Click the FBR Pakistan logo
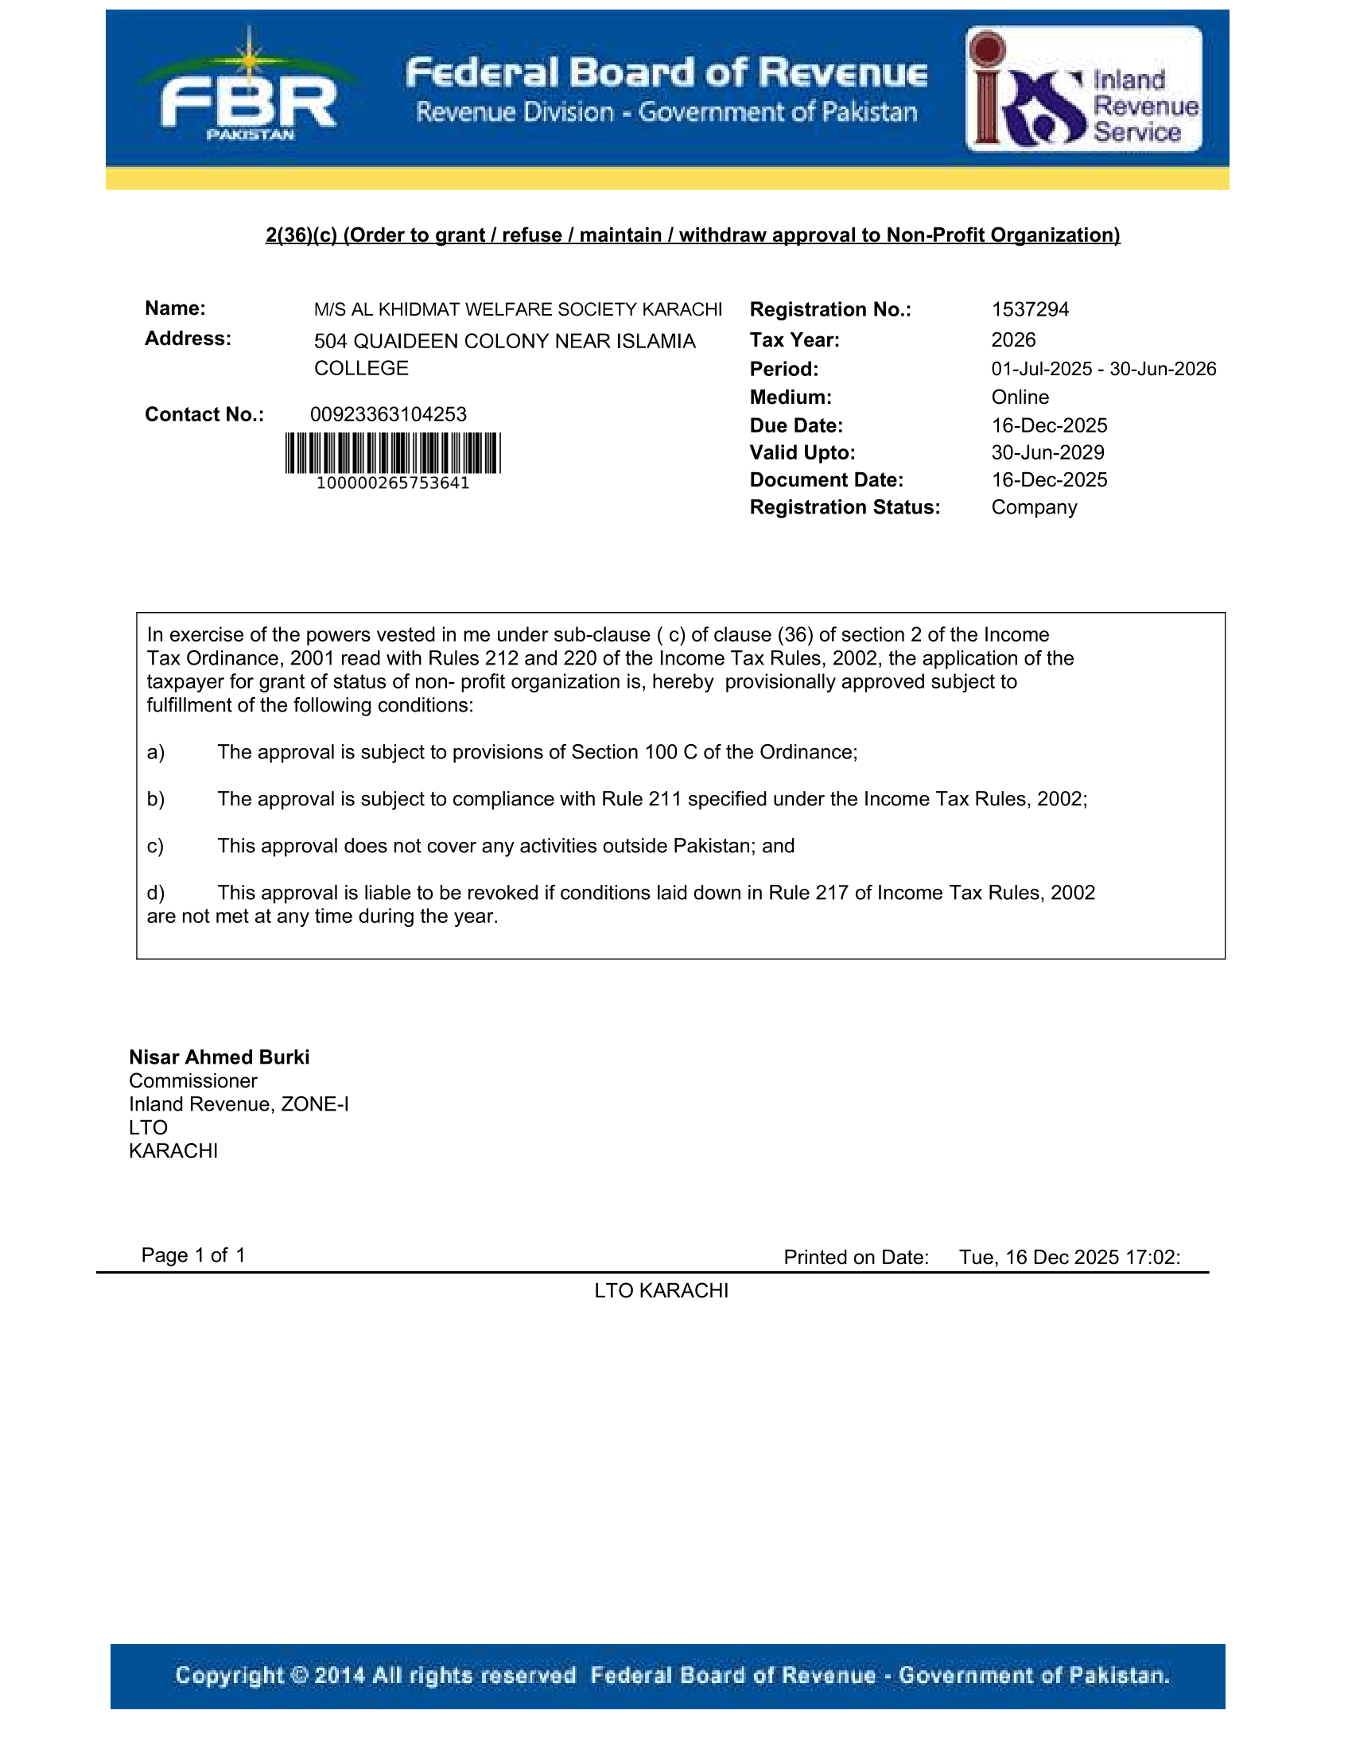pos(249,90)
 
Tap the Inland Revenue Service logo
pos(1084,89)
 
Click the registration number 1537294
pos(1029,310)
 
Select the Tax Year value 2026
pos(1013,340)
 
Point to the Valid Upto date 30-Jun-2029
pos(1047,453)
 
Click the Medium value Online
pos(1020,397)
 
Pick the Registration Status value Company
pos(1034,508)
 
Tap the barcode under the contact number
pos(392,453)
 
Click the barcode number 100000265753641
pos(392,483)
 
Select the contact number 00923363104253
pos(388,415)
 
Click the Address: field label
pos(188,339)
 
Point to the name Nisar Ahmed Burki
pos(219,1057)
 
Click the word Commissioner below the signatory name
pos(193,1081)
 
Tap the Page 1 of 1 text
pos(193,1255)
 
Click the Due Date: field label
pos(796,426)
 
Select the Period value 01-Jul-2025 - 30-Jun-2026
pos(1103,369)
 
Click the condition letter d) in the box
pos(155,893)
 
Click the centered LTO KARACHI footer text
pos(661,1291)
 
